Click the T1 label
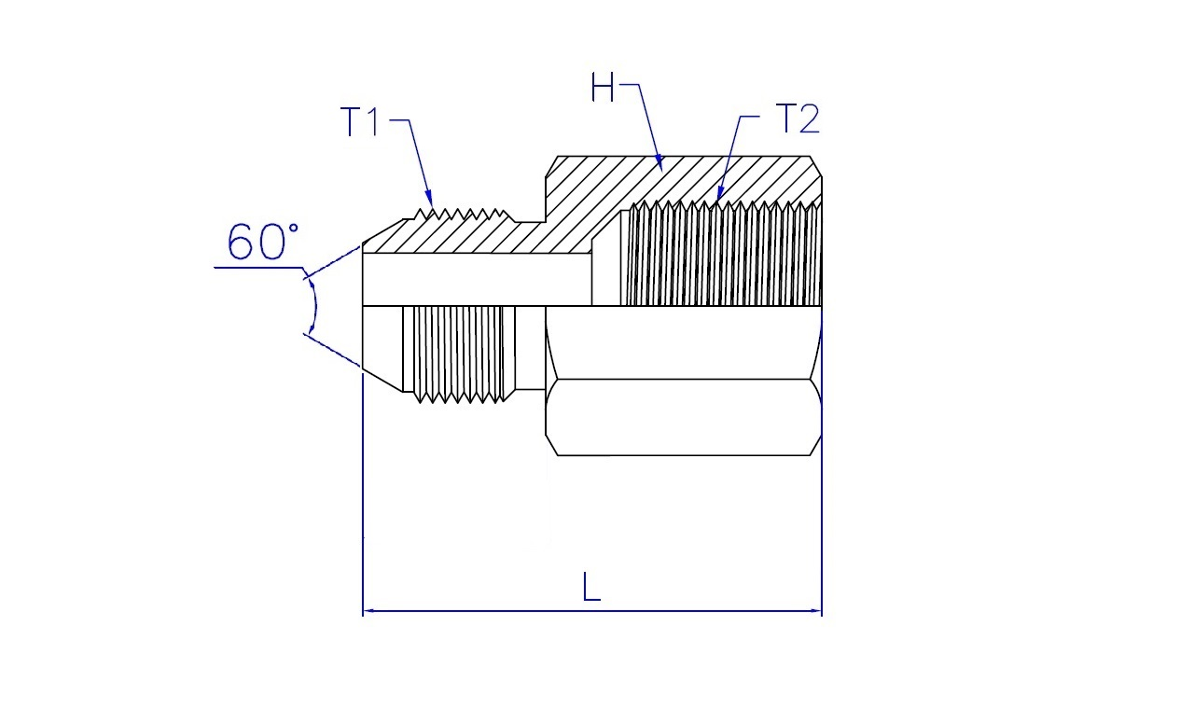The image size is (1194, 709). pos(360,121)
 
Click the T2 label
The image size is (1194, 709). pos(797,118)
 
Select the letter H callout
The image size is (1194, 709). pos(603,87)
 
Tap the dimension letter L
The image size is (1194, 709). pos(591,587)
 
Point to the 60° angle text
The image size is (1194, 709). pos(262,242)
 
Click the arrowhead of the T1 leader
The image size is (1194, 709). pos(429,199)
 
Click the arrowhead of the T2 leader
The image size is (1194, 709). pos(719,192)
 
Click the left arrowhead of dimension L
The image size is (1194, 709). pos(369,611)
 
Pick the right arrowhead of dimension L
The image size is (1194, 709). pos(815,611)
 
